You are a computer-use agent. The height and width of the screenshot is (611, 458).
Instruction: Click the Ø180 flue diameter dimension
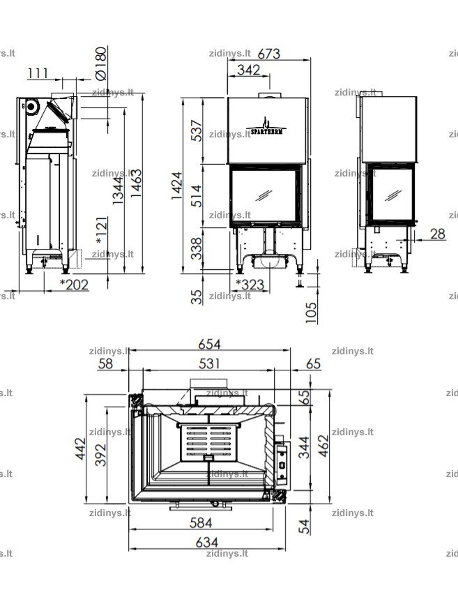[100, 63]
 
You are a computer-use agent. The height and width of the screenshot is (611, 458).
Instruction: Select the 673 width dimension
[268, 54]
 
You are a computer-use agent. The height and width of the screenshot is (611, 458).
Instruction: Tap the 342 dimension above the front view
[248, 70]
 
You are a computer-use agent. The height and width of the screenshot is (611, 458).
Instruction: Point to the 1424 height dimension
[177, 186]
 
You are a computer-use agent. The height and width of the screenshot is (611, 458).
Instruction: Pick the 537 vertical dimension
[197, 130]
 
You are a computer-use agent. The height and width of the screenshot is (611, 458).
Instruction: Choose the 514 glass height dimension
[197, 195]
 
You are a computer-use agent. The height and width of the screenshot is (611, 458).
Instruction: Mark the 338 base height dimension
[197, 248]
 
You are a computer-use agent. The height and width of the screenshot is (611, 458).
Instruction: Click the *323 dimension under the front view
[250, 285]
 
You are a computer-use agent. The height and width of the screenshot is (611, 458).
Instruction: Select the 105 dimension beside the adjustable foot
[311, 312]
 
